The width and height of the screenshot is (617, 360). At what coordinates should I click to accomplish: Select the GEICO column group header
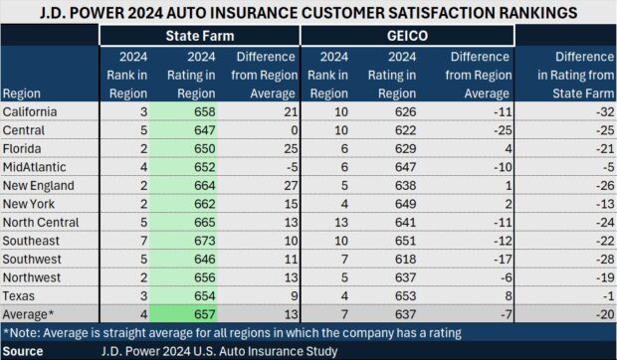[x=407, y=35]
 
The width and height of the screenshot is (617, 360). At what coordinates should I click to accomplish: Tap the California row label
[x=32, y=111]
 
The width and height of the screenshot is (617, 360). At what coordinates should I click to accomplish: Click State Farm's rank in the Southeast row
[x=141, y=239]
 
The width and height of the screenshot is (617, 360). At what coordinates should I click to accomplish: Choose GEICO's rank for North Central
[x=340, y=221]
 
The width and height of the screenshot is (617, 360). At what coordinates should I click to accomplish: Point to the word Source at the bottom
[x=23, y=350]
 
